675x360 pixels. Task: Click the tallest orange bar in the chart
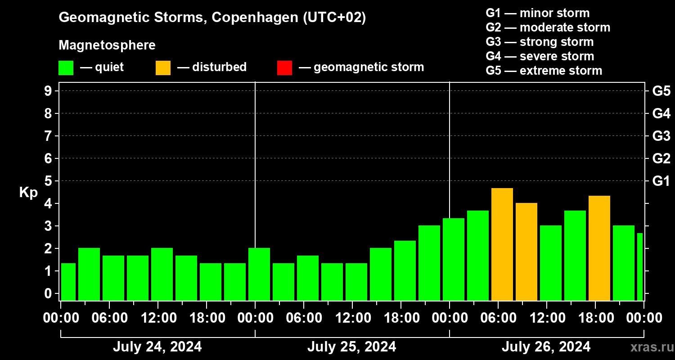pyautogui.click(x=502, y=244)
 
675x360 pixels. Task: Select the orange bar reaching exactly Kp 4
pyautogui.click(x=526, y=252)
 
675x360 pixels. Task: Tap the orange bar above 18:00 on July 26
pyautogui.click(x=599, y=248)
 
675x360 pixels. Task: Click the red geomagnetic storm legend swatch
pyautogui.click(x=284, y=68)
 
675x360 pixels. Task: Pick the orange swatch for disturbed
pyautogui.click(x=163, y=68)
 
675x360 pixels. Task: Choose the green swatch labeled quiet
pyautogui.click(x=66, y=68)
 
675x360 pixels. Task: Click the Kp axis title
pyautogui.click(x=28, y=193)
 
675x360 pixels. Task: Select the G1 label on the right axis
pyautogui.click(x=661, y=181)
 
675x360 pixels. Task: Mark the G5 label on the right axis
pyautogui.click(x=661, y=91)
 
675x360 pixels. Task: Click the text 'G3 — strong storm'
pyautogui.click(x=540, y=42)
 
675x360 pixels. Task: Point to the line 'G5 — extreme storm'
pyautogui.click(x=544, y=71)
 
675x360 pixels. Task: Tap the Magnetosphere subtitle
pyautogui.click(x=107, y=45)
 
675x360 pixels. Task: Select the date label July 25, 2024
pyautogui.click(x=351, y=346)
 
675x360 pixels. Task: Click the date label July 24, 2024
pyautogui.click(x=157, y=346)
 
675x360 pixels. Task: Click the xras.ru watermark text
pyautogui.click(x=648, y=347)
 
